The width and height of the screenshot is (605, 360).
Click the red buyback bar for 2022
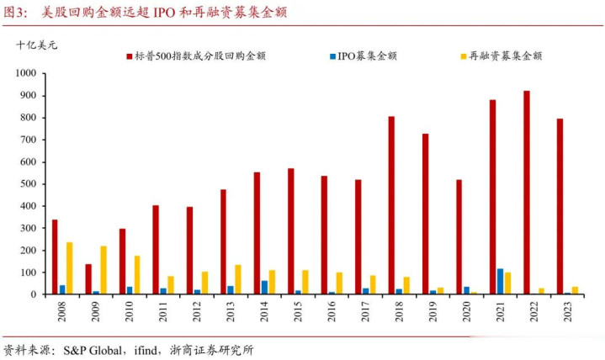coord(527,193)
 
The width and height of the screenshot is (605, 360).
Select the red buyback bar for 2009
coord(88,279)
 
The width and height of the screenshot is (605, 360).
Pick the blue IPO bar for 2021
coord(500,282)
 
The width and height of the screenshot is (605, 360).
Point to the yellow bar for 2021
coord(507,283)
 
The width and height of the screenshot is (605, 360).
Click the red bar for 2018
coord(391,205)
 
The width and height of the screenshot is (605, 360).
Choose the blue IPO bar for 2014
coord(264,288)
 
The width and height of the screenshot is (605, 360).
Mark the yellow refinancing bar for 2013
coord(238,279)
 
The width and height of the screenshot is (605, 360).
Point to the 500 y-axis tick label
coord(30,184)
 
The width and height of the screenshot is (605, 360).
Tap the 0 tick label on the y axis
coord(37,294)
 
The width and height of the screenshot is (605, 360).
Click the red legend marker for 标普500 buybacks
coord(130,56)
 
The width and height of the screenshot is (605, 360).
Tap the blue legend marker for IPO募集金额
coord(334,56)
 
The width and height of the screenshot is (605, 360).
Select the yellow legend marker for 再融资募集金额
coord(463,56)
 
